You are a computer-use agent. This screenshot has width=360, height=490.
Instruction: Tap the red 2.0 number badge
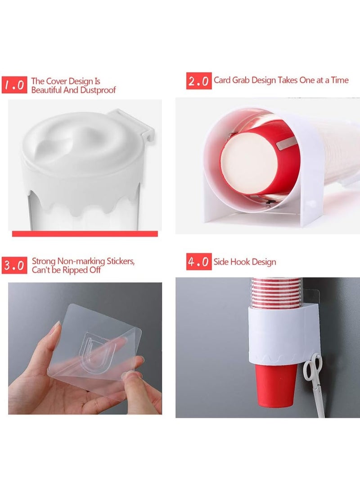(x=198, y=81)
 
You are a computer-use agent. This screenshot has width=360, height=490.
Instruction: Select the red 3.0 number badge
(x=15, y=265)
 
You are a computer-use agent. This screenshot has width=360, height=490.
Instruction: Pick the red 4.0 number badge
(x=198, y=262)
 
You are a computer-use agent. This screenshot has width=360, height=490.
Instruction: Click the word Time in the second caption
(x=340, y=80)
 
